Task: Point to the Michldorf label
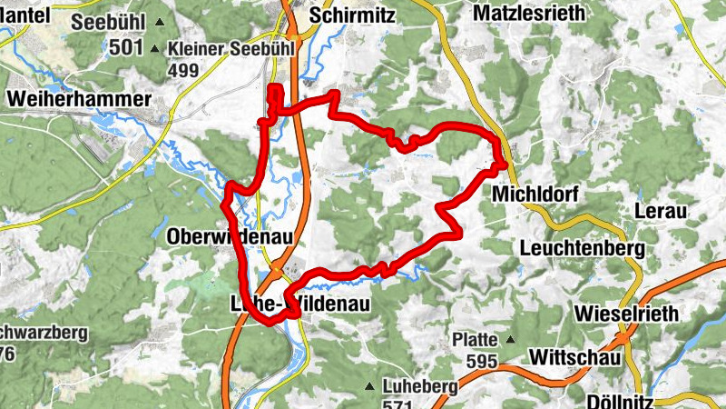(x=535, y=195)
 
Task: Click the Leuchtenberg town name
(x=582, y=247)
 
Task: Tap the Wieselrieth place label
(x=627, y=314)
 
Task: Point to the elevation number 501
(x=127, y=47)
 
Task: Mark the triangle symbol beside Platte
(x=510, y=340)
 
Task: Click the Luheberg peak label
(x=419, y=386)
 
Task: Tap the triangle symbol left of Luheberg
(x=369, y=386)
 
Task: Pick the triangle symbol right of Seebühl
(x=161, y=21)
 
